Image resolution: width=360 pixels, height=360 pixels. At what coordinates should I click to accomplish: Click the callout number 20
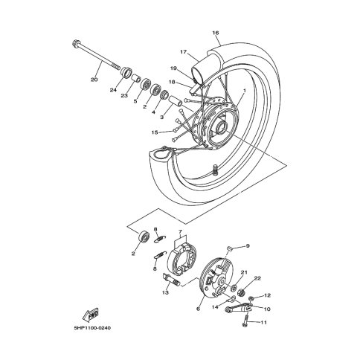(x=94, y=80)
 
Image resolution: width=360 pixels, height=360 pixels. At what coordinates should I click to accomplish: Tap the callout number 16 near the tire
(x=216, y=33)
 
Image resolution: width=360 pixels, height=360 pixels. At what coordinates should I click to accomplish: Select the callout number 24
(x=113, y=90)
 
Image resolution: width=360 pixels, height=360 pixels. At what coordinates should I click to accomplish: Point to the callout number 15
(x=155, y=132)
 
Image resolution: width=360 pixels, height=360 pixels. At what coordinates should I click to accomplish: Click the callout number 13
(x=165, y=292)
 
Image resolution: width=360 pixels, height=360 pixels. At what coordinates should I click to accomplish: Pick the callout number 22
(x=257, y=278)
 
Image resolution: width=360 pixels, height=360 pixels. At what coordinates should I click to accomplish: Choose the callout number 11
(x=264, y=323)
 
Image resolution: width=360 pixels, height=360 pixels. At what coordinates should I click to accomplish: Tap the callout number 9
(x=248, y=246)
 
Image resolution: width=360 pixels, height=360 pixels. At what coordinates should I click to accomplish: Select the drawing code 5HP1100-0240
(x=92, y=328)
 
